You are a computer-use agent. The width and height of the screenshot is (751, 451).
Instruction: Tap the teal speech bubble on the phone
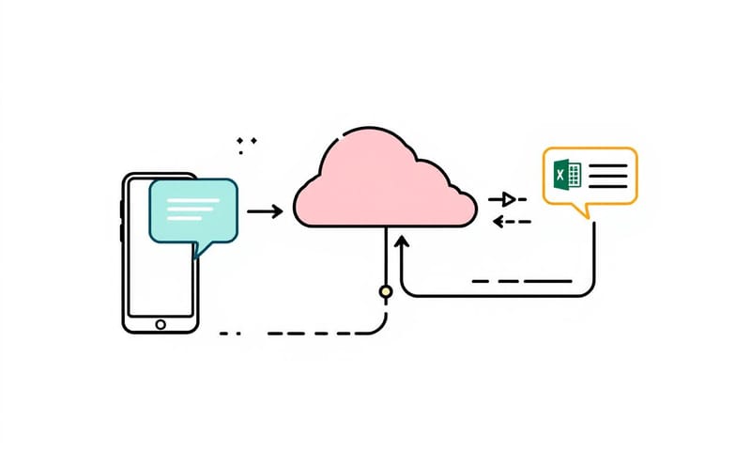192,209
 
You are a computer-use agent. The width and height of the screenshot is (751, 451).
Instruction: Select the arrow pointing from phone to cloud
265,212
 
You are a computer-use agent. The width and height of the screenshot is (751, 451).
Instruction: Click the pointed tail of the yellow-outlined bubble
589,211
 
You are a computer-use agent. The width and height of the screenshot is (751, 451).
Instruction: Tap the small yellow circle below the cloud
385,292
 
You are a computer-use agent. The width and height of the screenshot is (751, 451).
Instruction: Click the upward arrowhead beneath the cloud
402,242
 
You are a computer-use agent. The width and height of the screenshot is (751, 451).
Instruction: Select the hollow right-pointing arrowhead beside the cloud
508,199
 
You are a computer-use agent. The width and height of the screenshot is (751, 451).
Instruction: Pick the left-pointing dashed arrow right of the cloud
512,222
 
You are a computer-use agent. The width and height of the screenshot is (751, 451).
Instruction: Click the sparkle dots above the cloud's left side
247,143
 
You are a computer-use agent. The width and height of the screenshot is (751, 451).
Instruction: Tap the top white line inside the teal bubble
192,197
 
